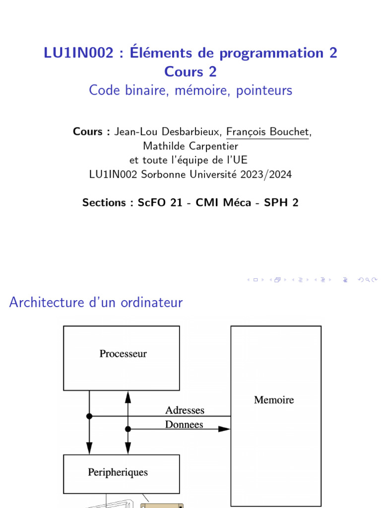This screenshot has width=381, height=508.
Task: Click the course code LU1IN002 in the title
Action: [x=78, y=53]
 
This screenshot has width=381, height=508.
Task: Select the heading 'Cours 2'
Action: [x=190, y=71]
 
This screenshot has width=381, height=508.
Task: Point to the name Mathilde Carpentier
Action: [x=190, y=146]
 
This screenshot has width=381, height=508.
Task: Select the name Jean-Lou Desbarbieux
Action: [x=168, y=132]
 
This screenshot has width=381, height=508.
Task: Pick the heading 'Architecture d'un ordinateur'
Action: [x=96, y=303]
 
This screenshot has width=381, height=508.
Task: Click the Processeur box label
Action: [x=123, y=354]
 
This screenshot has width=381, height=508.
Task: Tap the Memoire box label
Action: [x=274, y=400]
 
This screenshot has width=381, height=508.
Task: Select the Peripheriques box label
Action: [x=118, y=472]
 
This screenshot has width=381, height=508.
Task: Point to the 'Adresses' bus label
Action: [x=185, y=410]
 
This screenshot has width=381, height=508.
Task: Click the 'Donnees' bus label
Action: [x=184, y=425]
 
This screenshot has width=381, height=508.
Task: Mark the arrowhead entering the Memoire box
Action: [x=225, y=429]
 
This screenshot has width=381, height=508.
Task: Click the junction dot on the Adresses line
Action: [x=89, y=416]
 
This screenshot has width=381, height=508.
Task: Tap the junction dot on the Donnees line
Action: [x=128, y=429]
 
